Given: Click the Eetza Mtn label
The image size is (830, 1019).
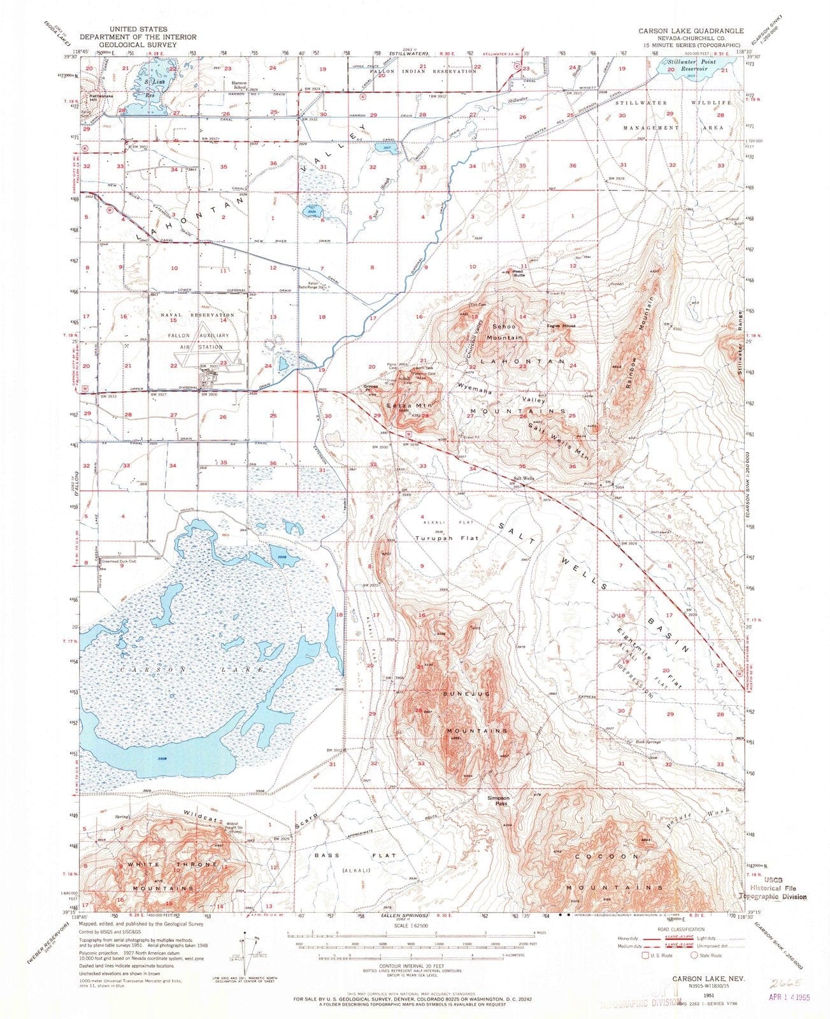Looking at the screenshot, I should coord(402,404).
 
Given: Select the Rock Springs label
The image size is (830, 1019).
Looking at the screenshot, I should coord(648,742).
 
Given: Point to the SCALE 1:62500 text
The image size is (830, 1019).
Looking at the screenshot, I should coord(413,925).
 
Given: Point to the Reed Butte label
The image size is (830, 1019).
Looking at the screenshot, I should coord(519,274).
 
